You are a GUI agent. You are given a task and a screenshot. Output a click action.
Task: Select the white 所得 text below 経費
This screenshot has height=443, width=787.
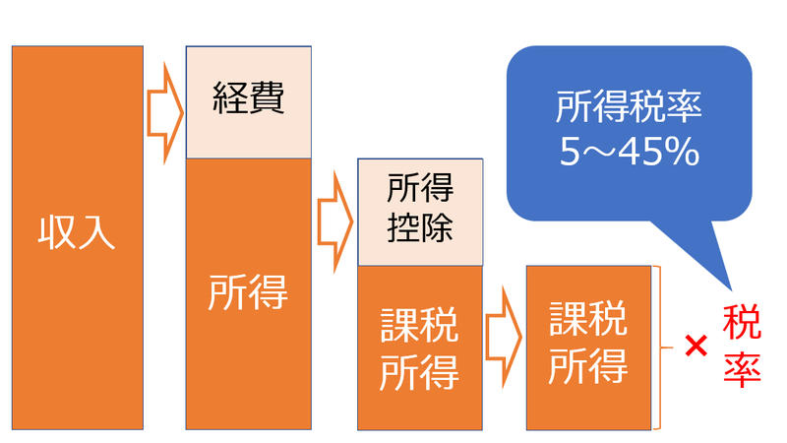[248, 292]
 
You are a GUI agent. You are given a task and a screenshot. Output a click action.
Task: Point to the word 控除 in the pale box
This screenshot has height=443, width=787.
[420, 226]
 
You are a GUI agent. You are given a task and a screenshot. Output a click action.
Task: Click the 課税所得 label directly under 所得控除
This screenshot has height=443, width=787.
[420, 348]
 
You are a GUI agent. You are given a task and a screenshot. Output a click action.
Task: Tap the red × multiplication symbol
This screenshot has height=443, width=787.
[696, 346]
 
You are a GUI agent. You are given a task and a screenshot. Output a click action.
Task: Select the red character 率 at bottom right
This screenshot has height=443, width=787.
[742, 368]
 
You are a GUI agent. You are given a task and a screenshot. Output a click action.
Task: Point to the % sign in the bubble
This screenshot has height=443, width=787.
[683, 152]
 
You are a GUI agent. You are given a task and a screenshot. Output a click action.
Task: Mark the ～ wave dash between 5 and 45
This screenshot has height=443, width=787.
[601, 153]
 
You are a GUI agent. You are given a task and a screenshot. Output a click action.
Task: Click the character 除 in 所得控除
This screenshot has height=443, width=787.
[438, 226]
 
